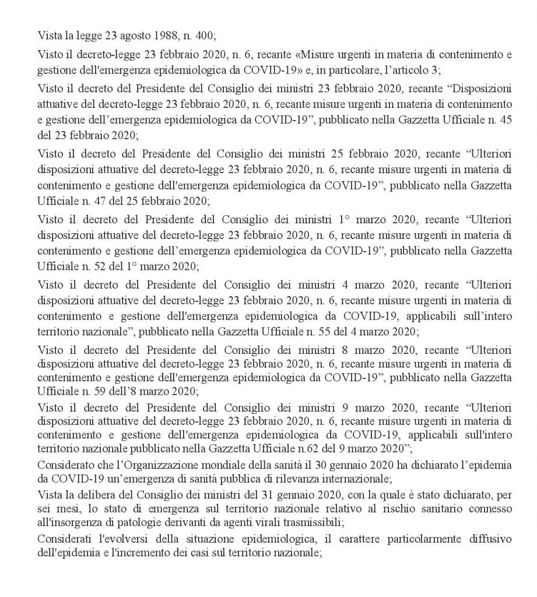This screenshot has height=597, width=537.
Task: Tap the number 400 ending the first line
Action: click(x=205, y=35)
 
